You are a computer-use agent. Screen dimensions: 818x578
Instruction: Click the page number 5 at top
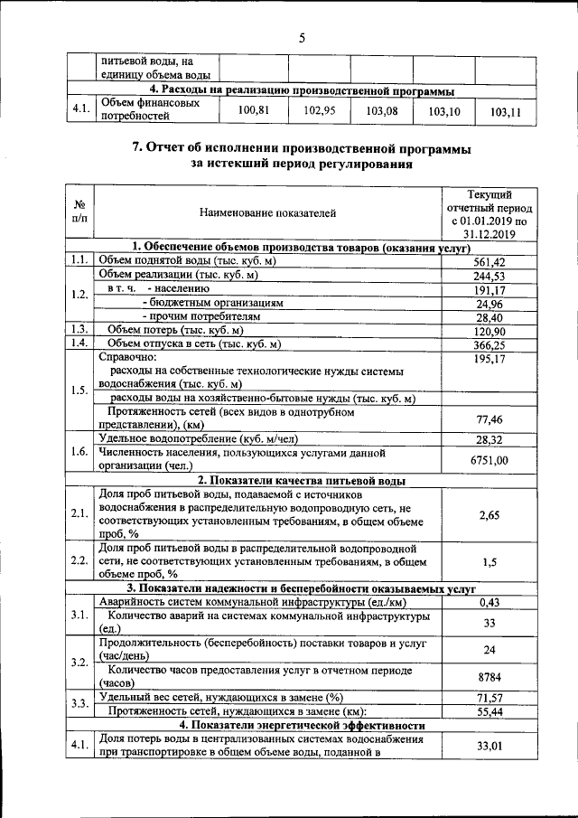303,37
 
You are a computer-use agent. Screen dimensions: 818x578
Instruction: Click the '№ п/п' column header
79,213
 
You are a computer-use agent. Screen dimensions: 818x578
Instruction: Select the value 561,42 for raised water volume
490,261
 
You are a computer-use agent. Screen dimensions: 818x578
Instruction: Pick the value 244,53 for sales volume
490,276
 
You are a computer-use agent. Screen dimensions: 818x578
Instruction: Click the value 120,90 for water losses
490,332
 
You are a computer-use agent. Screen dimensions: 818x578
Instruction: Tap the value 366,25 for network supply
490,345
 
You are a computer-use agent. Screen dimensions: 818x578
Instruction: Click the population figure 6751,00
490,460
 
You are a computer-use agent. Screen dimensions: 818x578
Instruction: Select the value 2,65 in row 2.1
490,514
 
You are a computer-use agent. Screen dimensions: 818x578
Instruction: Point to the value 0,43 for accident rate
490,602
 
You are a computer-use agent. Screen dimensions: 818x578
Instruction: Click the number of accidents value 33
490,623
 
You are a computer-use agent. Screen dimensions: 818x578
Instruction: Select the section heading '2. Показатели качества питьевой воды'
302,480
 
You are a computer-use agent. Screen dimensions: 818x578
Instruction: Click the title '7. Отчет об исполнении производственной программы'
302,147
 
